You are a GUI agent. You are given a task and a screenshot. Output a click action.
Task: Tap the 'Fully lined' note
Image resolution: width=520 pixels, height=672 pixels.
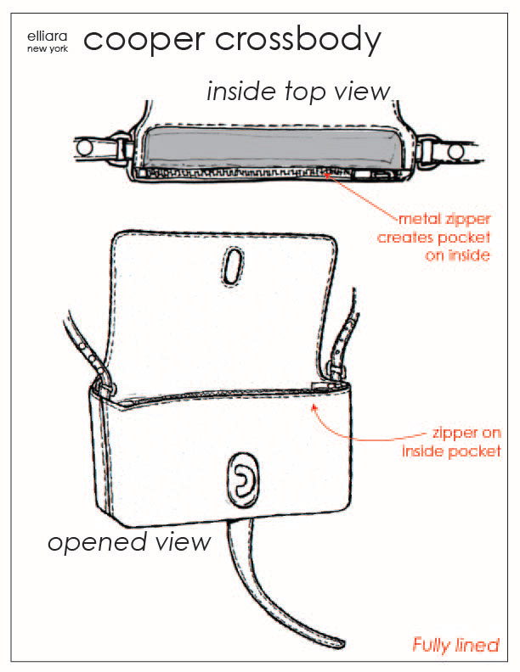pyautogui.click(x=455, y=645)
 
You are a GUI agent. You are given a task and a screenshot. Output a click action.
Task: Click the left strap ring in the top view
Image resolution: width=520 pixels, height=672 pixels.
pyautogui.click(x=85, y=149)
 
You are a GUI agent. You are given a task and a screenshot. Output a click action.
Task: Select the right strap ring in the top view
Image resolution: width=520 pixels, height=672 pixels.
pyautogui.click(x=456, y=152)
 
